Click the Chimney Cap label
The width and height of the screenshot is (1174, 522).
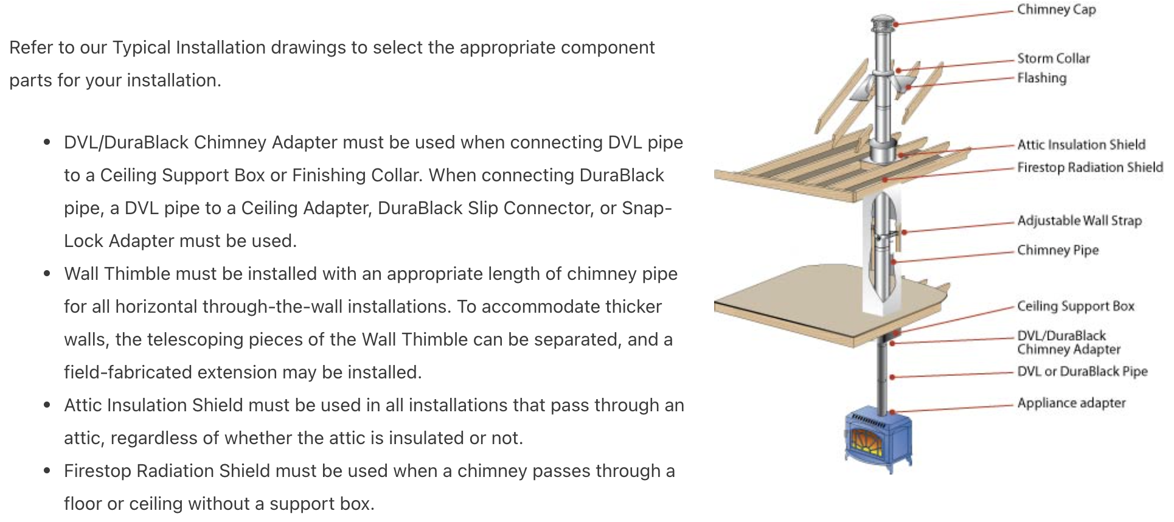point(1056,10)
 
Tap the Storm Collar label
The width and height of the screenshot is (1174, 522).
point(1054,58)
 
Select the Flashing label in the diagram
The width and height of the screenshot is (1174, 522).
point(1042,78)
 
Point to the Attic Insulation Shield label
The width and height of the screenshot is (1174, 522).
point(1081,145)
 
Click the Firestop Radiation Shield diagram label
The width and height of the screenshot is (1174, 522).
point(1090,167)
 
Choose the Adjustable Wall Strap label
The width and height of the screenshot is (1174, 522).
point(1079,220)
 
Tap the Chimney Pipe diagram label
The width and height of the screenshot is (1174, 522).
point(1058,250)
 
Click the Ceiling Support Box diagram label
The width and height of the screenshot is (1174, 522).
point(1075,306)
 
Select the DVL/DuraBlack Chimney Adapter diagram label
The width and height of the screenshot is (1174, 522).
point(1068,343)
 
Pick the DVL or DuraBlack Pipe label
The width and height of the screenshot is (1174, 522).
point(1082,371)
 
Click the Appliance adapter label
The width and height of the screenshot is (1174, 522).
point(1071,403)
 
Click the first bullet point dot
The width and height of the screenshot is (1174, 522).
point(47,143)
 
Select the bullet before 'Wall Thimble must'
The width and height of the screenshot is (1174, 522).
point(47,274)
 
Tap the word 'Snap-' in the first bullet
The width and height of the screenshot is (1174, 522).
point(647,208)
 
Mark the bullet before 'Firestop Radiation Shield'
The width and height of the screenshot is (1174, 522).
point(47,472)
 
